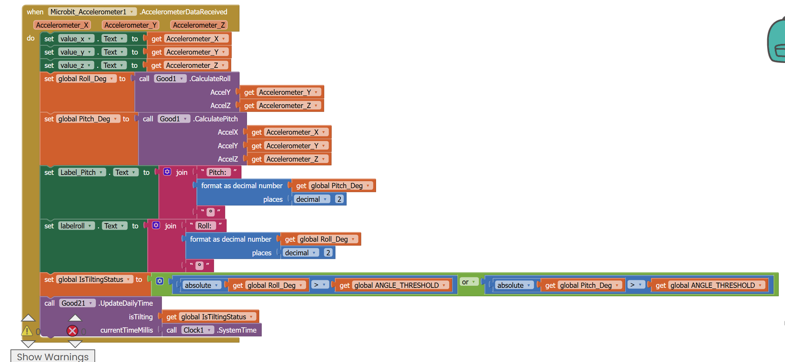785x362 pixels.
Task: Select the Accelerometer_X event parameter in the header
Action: coord(62,25)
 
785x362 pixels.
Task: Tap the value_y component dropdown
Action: coord(76,52)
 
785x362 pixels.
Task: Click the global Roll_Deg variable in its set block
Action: coord(86,79)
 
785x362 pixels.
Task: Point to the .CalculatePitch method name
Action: coord(216,119)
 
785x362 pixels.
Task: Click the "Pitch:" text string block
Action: coord(218,172)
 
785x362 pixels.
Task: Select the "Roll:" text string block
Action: coord(205,226)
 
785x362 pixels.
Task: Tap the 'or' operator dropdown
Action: coord(469,282)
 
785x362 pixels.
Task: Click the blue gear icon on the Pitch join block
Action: coord(167,172)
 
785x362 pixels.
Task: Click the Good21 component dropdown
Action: coord(77,303)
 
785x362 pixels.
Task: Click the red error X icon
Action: coord(72,331)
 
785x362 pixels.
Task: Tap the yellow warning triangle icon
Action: coord(27,331)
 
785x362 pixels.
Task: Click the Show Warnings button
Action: coord(53,356)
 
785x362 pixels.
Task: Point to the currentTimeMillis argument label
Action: coord(127,330)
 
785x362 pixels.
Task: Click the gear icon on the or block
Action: coord(160,281)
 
